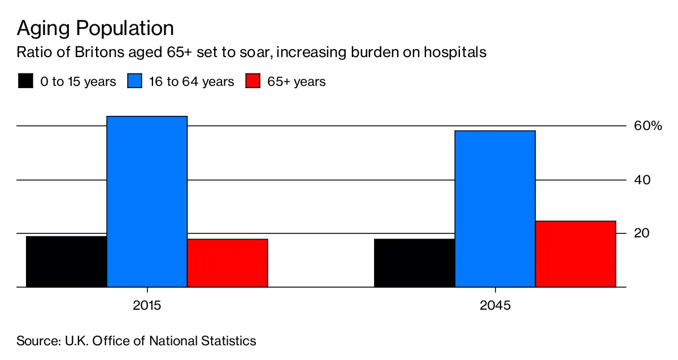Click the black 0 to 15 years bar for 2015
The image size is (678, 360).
click(67, 262)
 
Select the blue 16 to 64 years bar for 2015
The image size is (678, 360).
click(147, 202)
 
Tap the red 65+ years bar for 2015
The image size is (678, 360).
click(227, 263)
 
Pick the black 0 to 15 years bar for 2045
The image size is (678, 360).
click(415, 263)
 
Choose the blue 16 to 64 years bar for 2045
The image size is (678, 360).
click(495, 209)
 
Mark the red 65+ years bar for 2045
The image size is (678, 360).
click(575, 254)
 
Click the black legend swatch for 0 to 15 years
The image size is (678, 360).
click(25, 81)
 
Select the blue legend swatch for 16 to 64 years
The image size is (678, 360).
click(134, 81)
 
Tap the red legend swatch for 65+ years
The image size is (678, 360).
click(252, 81)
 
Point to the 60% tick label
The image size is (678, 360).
click(648, 125)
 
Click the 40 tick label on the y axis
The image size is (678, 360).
click(643, 180)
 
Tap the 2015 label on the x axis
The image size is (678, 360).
click(147, 306)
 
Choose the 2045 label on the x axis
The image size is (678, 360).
click(495, 306)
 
